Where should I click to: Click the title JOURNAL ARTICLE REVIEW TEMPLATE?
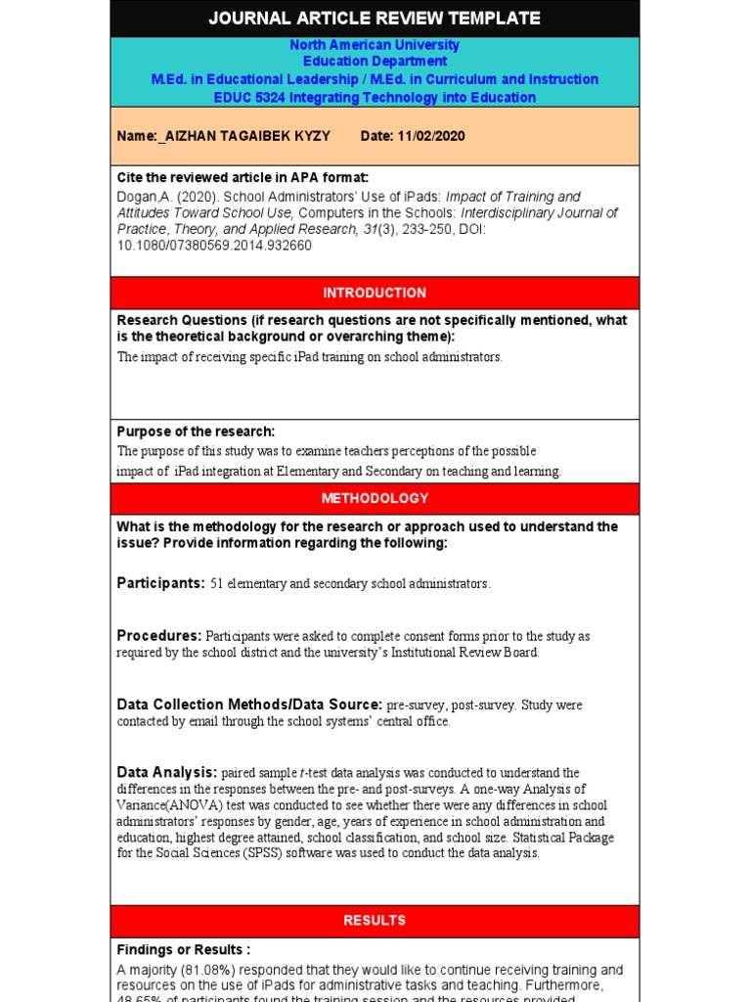(375, 18)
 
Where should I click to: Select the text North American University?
(375, 45)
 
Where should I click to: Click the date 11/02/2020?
(431, 136)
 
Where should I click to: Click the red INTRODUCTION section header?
(375, 293)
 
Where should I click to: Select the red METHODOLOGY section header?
(375, 498)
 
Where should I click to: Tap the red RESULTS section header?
(375, 921)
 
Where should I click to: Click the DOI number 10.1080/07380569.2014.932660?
(214, 246)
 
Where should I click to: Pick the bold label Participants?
(160, 583)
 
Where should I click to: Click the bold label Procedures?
(159, 636)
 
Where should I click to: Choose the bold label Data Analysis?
(167, 772)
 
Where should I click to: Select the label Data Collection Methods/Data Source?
(249, 705)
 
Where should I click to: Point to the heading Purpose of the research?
(196, 432)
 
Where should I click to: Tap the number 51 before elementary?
(217, 584)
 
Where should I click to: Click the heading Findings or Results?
(183, 949)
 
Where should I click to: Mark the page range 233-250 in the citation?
(418, 229)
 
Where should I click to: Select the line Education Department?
(375, 62)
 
